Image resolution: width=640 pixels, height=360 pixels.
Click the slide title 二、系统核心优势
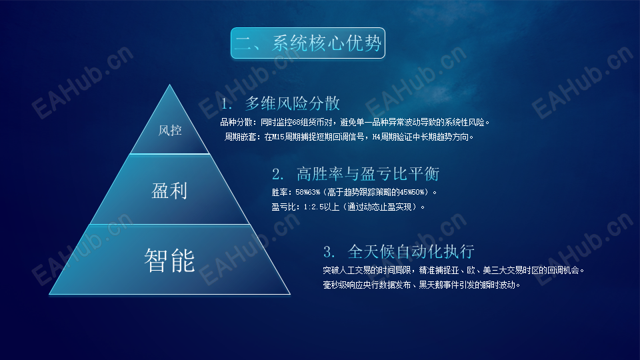[x=308, y=43]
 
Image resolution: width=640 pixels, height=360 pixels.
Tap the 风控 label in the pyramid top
[x=170, y=131]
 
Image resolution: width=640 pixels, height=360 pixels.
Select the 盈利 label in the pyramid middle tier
[x=169, y=191]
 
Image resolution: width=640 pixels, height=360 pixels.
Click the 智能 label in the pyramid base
[x=169, y=261]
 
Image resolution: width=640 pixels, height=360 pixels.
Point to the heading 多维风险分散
[x=292, y=104]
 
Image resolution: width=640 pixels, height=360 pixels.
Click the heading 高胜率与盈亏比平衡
[x=368, y=174]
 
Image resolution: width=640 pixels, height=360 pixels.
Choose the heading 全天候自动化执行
[x=411, y=251]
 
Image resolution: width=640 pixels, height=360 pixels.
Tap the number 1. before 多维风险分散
[x=227, y=104]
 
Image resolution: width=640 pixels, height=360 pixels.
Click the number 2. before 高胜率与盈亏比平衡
[x=278, y=174]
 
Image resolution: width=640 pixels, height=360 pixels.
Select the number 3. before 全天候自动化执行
[x=329, y=252]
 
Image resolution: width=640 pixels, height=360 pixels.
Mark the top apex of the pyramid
[x=170, y=85]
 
